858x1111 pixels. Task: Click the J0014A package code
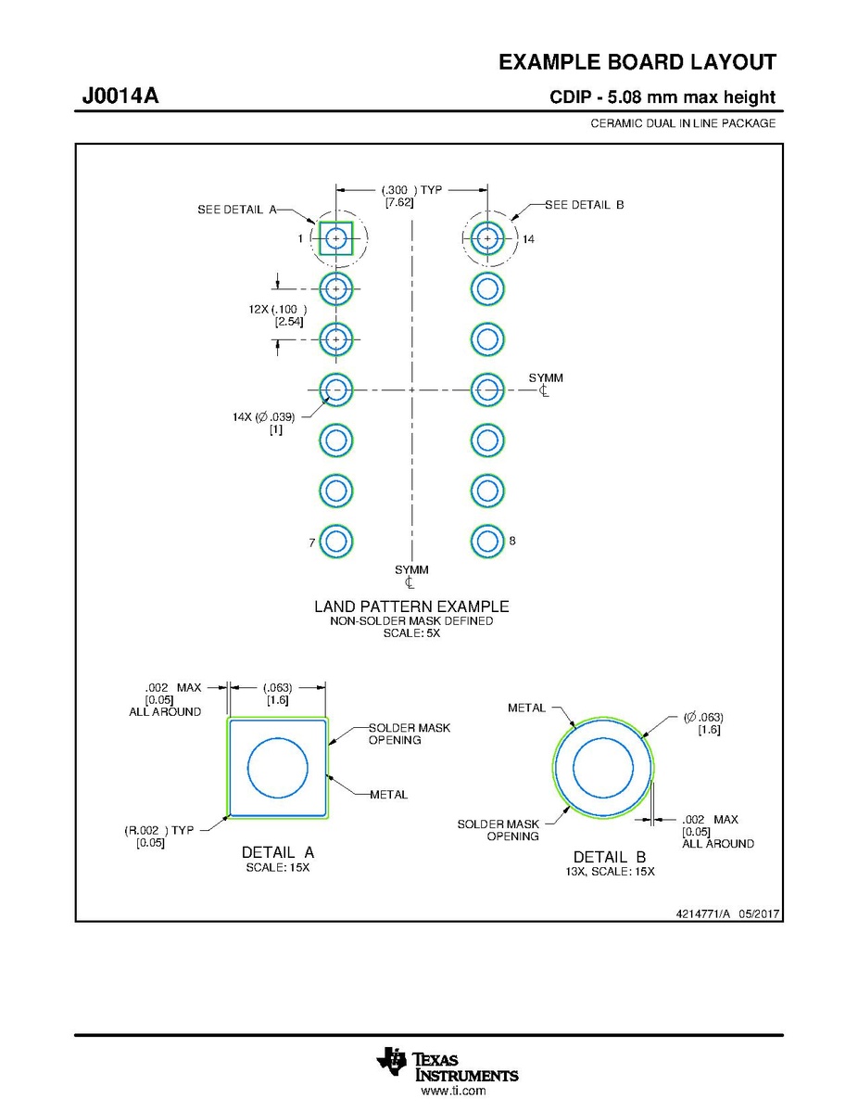[120, 95]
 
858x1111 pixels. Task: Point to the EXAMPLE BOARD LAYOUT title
[637, 62]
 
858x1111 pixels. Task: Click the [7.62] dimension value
[399, 203]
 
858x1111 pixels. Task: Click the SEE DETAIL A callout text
[237, 210]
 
